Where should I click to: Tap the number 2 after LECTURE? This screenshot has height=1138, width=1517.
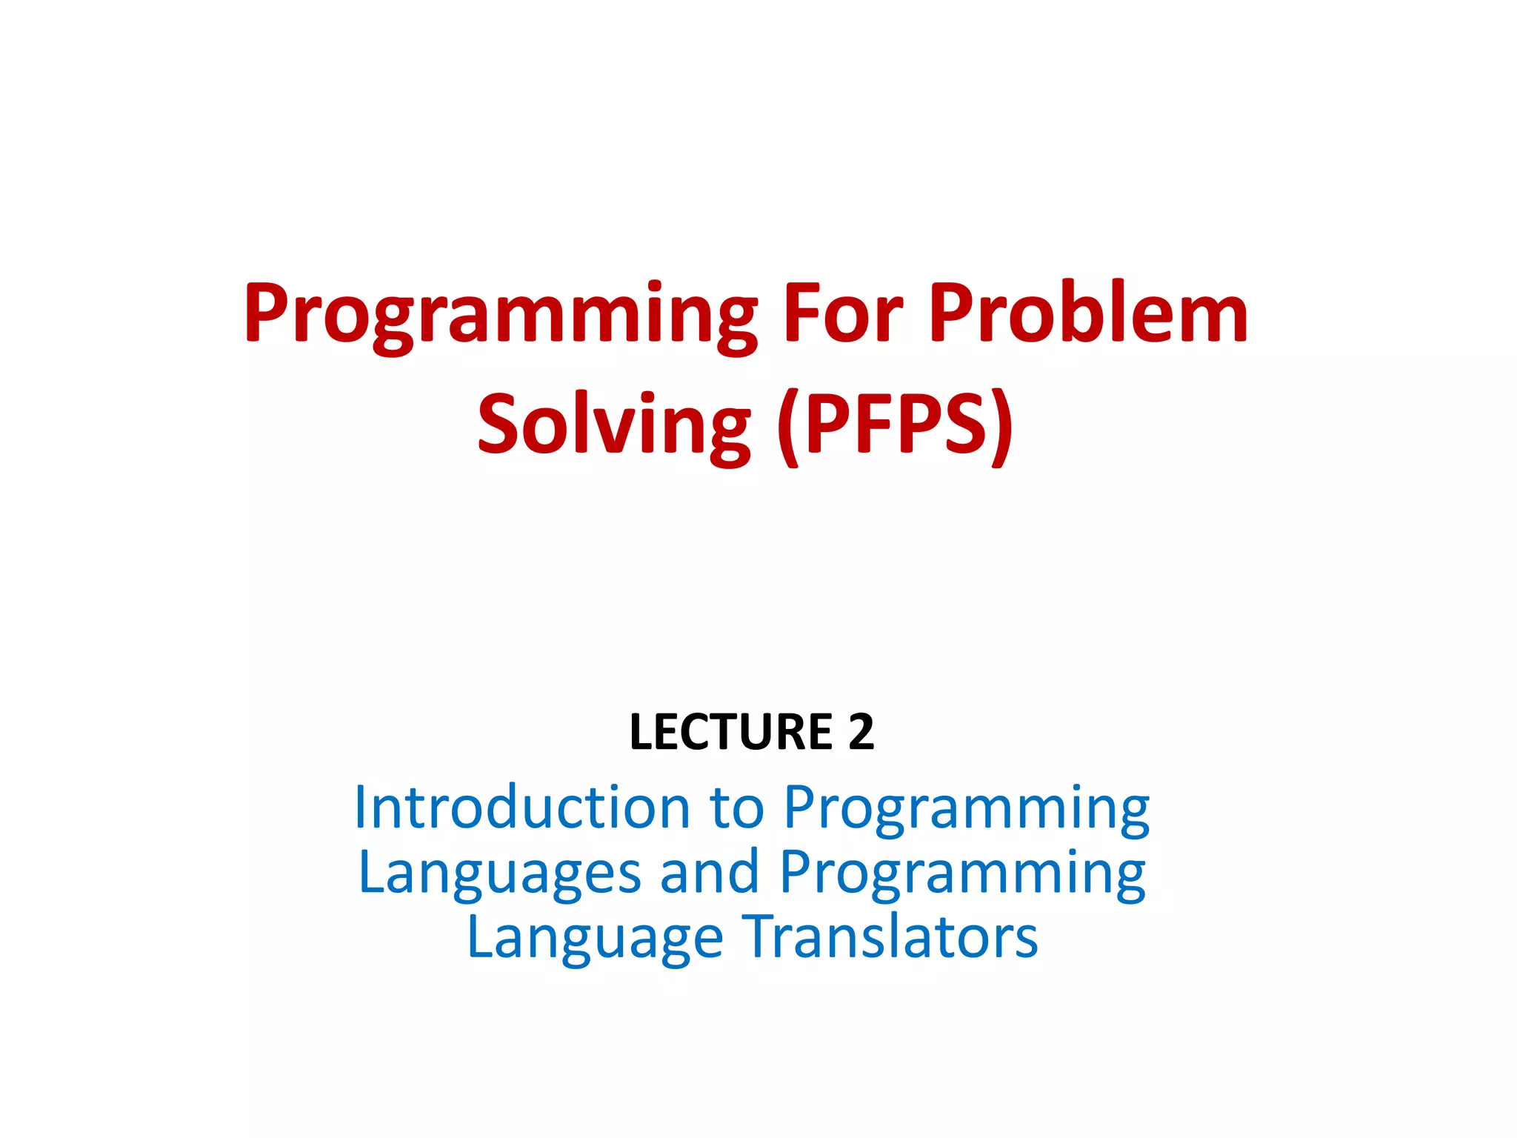tap(861, 732)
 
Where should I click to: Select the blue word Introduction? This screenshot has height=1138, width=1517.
tap(522, 807)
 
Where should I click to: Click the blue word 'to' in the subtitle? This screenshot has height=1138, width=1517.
tap(736, 807)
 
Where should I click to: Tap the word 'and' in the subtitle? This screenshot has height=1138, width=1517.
tap(710, 872)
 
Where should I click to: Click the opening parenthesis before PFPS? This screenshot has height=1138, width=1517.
tap(788, 428)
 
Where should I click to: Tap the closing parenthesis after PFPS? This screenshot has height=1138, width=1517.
tap(1001, 428)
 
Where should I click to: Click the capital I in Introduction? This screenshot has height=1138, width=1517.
tap(360, 807)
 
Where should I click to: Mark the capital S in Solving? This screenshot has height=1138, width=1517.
tap(497, 424)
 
